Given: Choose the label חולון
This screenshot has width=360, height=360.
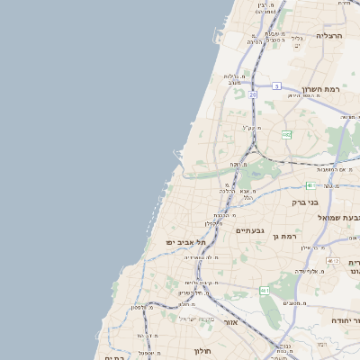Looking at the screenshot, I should pyautogui.click(x=202, y=351).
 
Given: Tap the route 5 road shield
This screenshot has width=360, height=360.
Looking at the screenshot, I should pyautogui.click(x=278, y=86).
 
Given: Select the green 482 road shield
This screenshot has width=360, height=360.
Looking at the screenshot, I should pyautogui.click(x=286, y=134).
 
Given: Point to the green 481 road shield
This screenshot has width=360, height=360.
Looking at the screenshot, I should pyautogui.click(x=310, y=185).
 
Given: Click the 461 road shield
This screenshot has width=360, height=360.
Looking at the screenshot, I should pyautogui.click(x=265, y=290).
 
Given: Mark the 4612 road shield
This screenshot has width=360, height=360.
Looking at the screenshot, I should pyautogui.click(x=333, y=260).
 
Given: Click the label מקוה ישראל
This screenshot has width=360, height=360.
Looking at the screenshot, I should pyautogui.click(x=196, y=319).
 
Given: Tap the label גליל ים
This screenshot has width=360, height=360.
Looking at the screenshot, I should pyautogui.click(x=296, y=39).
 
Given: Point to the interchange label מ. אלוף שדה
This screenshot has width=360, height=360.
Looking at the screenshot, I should pyautogui.click(x=308, y=270).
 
